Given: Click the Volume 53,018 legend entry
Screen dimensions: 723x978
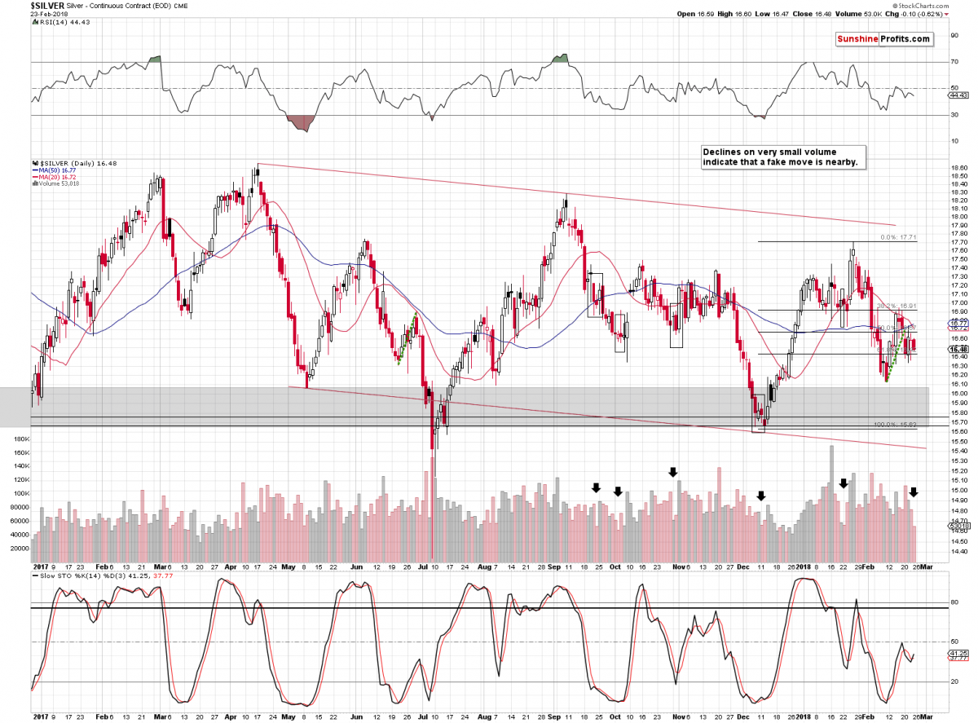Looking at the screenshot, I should [x=59, y=183].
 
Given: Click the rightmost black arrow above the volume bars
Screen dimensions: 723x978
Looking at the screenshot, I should [x=914, y=492].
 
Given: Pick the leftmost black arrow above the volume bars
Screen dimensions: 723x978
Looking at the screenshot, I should [x=596, y=487].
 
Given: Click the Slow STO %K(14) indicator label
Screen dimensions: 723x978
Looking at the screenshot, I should [x=64, y=575].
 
